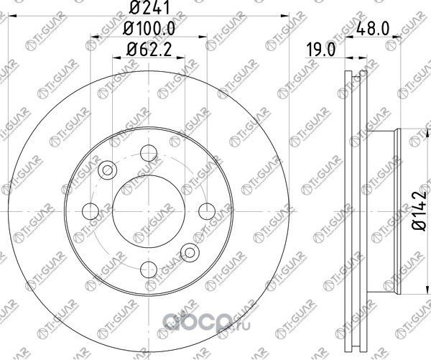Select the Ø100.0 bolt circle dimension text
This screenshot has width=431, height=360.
point(149,30)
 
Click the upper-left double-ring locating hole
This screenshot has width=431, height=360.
point(108,170)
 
